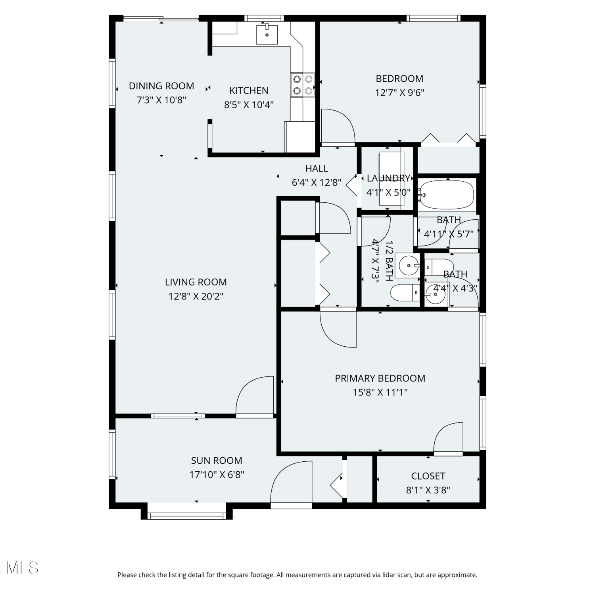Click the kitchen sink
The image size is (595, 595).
click(x=267, y=34)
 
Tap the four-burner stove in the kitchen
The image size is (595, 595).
click(x=303, y=85)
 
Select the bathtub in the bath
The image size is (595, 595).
click(x=447, y=194)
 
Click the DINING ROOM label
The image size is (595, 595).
click(x=161, y=86)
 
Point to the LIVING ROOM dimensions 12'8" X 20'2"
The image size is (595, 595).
click(x=196, y=296)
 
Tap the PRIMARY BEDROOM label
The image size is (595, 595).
click(x=380, y=378)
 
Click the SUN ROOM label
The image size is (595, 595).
click(x=217, y=461)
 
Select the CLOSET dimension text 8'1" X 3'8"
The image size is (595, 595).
click(x=428, y=490)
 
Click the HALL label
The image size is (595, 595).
click(x=317, y=169)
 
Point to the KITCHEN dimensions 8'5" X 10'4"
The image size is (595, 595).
click(x=249, y=105)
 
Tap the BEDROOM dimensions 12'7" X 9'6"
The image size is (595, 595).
click(x=400, y=92)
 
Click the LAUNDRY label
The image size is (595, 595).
click(x=388, y=178)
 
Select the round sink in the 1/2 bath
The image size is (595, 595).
click(x=409, y=265)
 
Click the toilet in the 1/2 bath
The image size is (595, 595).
click(x=405, y=293)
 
